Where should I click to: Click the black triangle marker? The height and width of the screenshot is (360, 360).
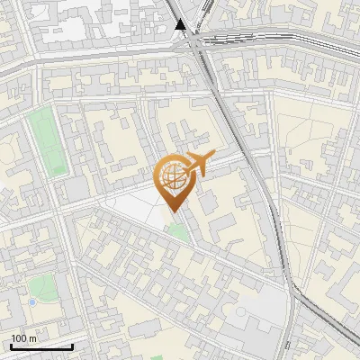(x=182, y=24)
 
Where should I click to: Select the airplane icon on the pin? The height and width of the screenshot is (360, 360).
(x=197, y=165)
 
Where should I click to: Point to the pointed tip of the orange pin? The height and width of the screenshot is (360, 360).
(x=172, y=211)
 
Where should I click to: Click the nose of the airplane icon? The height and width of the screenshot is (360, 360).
(x=213, y=157)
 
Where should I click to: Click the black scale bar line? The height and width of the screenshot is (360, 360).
(x=41, y=347)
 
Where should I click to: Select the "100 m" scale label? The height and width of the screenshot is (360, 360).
(x=24, y=338)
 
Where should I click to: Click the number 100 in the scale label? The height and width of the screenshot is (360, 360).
(x=20, y=338)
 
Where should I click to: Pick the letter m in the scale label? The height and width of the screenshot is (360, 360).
(x=33, y=338)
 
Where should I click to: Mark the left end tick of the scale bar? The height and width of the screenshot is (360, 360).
(x=11, y=346)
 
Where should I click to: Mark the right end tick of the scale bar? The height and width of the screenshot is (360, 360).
(x=72, y=346)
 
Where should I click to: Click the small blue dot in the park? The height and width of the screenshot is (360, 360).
(x=32, y=302)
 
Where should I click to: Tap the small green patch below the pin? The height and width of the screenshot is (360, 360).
(x=178, y=231)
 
